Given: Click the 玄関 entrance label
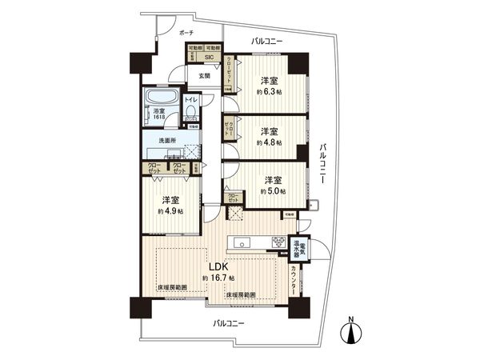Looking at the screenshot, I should pyautogui.click(x=204, y=76).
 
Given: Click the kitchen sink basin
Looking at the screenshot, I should pyautogui.click(x=243, y=243).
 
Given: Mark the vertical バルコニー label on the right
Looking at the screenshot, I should pyautogui.click(x=324, y=165).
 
